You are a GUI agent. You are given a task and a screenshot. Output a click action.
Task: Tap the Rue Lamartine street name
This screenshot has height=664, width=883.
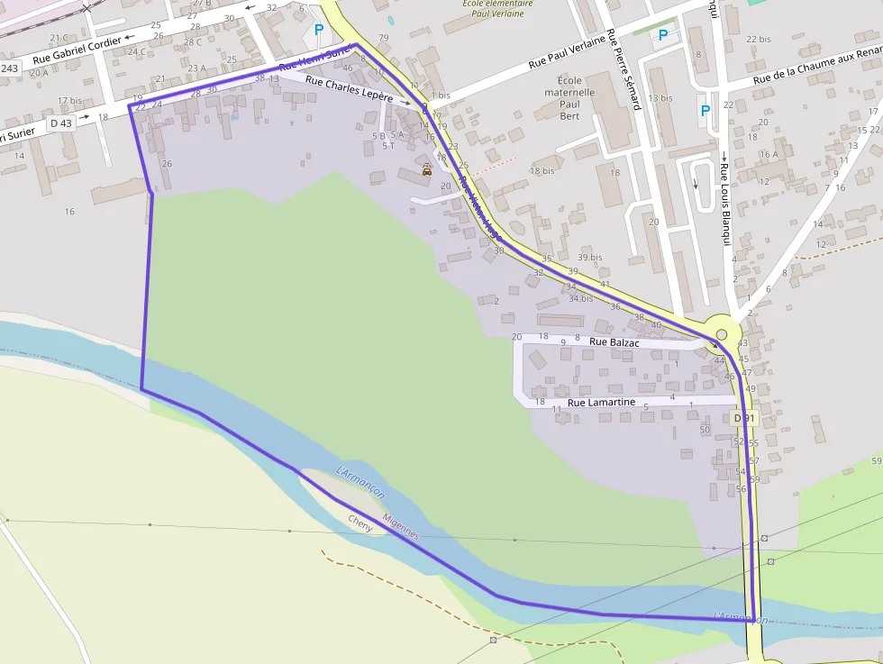[x=601, y=402]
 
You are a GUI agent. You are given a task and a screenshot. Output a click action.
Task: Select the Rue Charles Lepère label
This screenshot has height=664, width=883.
[x=350, y=87]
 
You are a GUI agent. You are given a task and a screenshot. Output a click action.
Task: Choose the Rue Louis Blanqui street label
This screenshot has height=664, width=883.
[x=724, y=204]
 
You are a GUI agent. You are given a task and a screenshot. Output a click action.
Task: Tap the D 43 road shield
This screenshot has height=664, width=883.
[x=60, y=123]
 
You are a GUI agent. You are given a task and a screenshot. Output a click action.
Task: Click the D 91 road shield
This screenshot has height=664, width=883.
[x=743, y=418]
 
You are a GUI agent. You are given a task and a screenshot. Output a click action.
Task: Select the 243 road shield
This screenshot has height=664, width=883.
[x=10, y=68]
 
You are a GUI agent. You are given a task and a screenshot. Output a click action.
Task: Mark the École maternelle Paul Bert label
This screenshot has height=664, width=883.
[x=569, y=98]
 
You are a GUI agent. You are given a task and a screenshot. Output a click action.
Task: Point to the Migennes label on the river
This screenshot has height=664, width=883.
[x=400, y=527]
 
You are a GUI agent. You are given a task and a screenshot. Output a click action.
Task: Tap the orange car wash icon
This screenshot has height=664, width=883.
[x=427, y=169]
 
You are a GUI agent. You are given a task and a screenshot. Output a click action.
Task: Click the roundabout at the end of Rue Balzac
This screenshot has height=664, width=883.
[x=721, y=334]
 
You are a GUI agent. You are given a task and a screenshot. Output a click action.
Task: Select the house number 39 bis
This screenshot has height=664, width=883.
[x=590, y=258]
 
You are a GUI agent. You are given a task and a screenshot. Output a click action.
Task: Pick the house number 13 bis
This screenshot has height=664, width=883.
[x=660, y=98]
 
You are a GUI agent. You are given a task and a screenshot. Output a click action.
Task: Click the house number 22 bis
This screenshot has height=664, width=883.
[x=759, y=40]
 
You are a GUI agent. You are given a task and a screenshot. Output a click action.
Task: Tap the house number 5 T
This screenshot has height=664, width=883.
[x=388, y=145]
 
